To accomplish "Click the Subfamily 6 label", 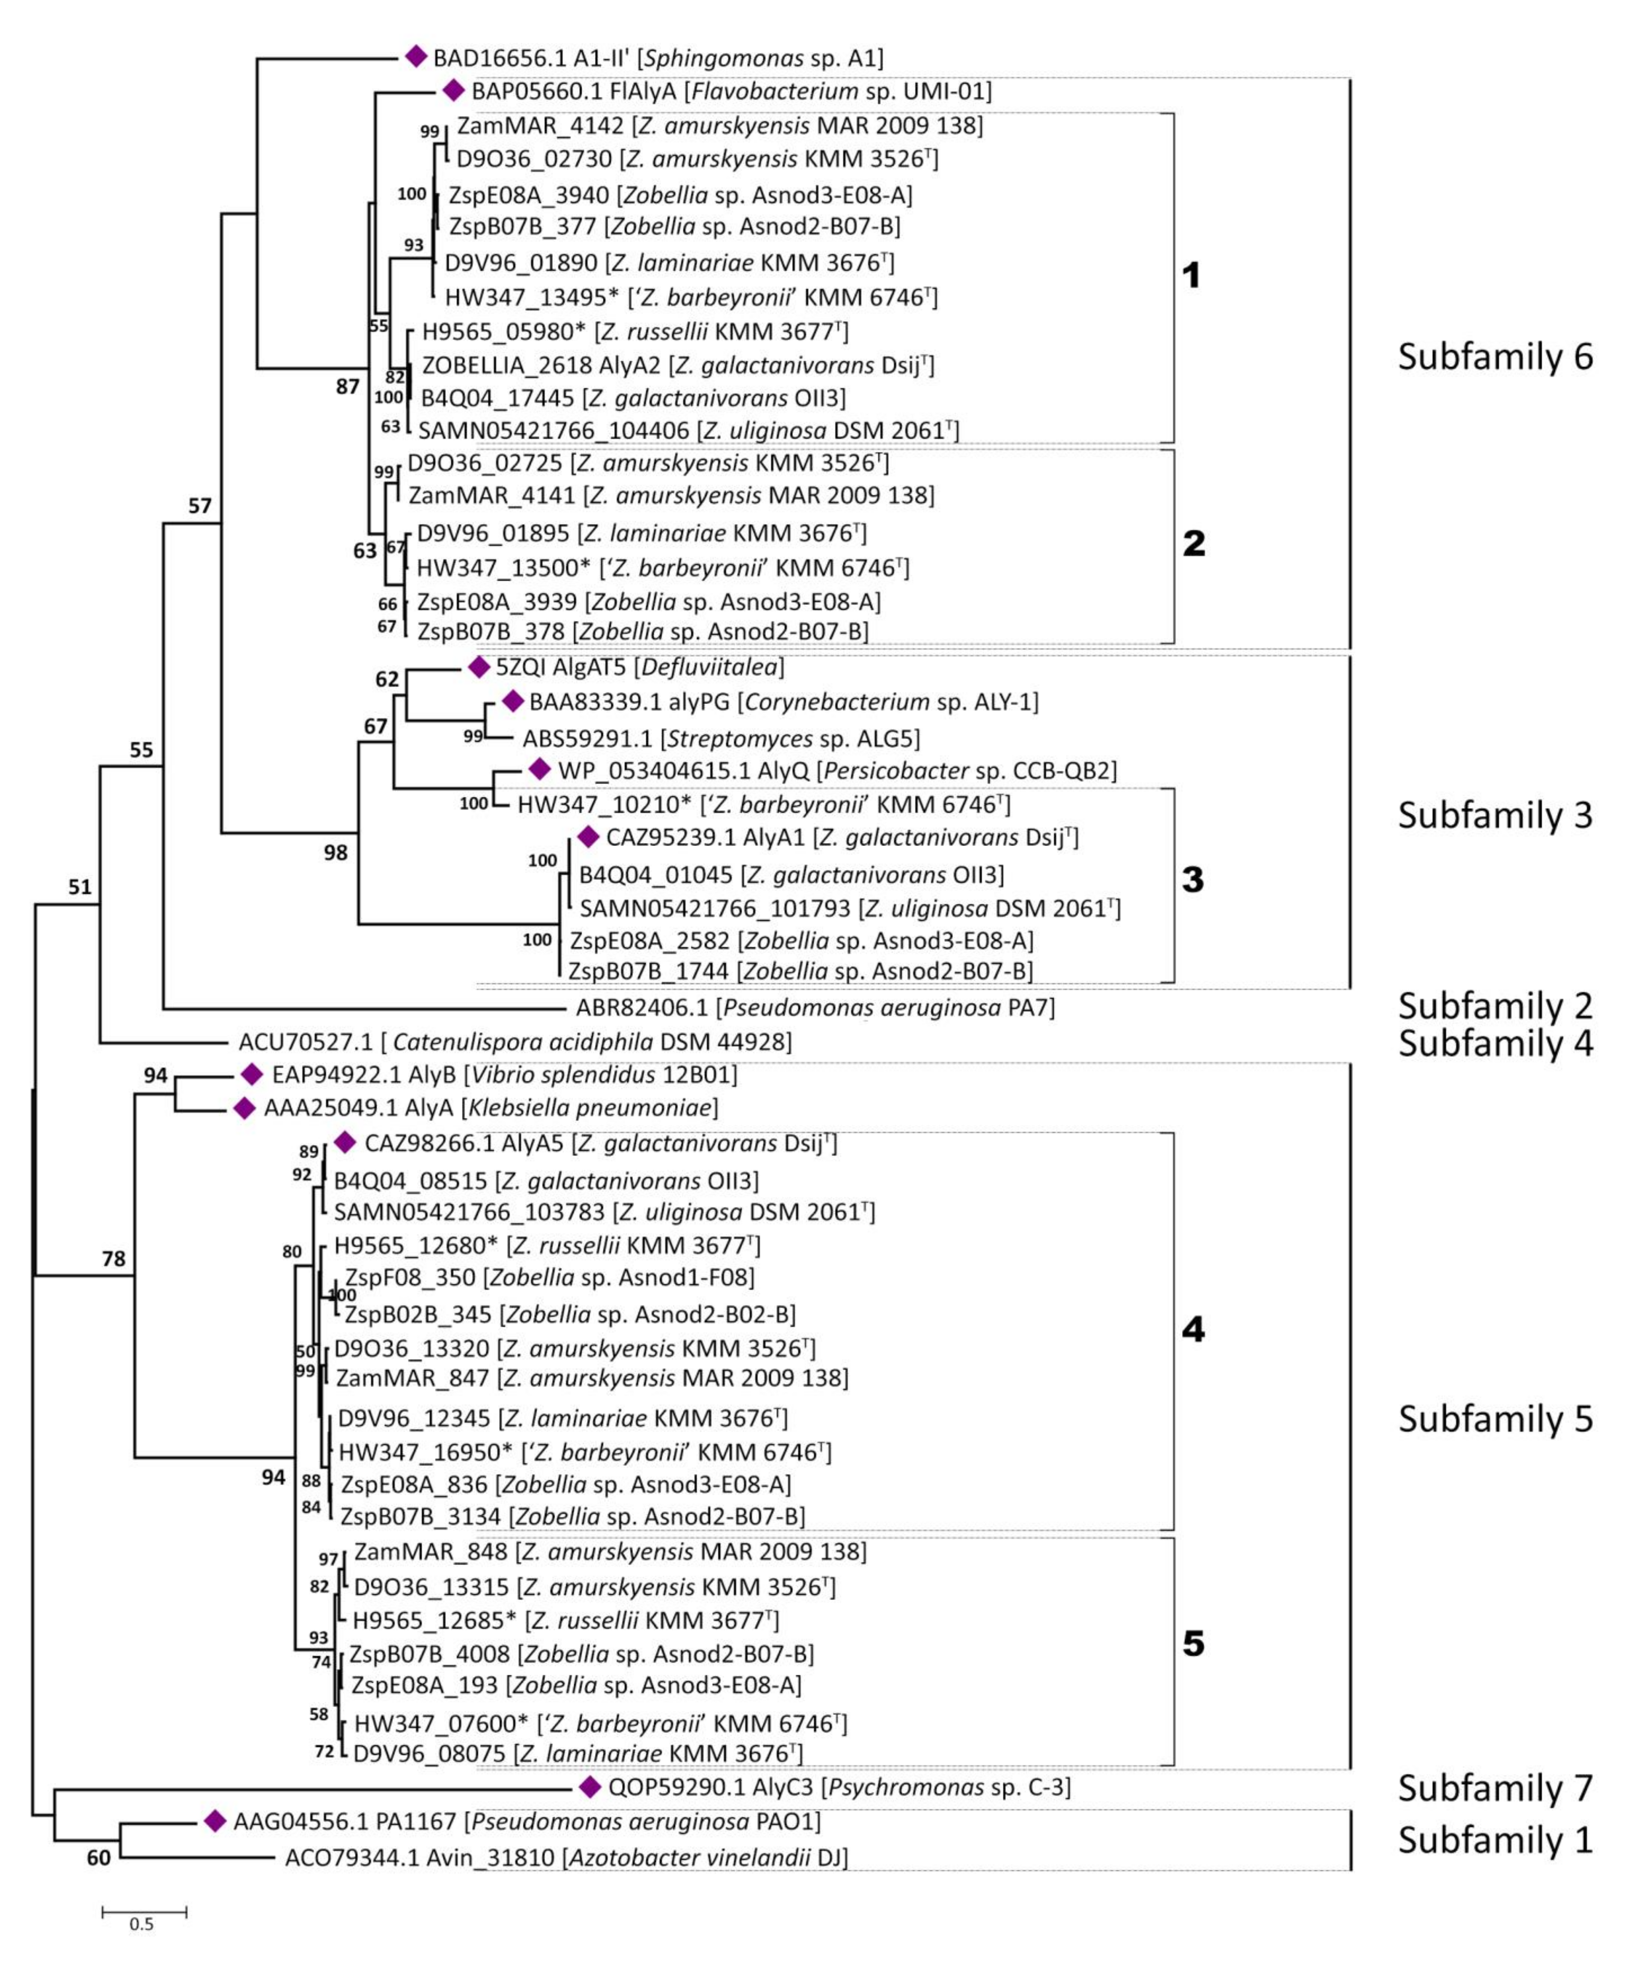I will (1495, 357).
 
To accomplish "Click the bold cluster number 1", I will (1191, 276).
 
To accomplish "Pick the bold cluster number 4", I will (1193, 1330).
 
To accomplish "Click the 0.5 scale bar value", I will (142, 1924).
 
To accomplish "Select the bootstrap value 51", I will (80, 887).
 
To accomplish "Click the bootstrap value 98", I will (334, 852).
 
